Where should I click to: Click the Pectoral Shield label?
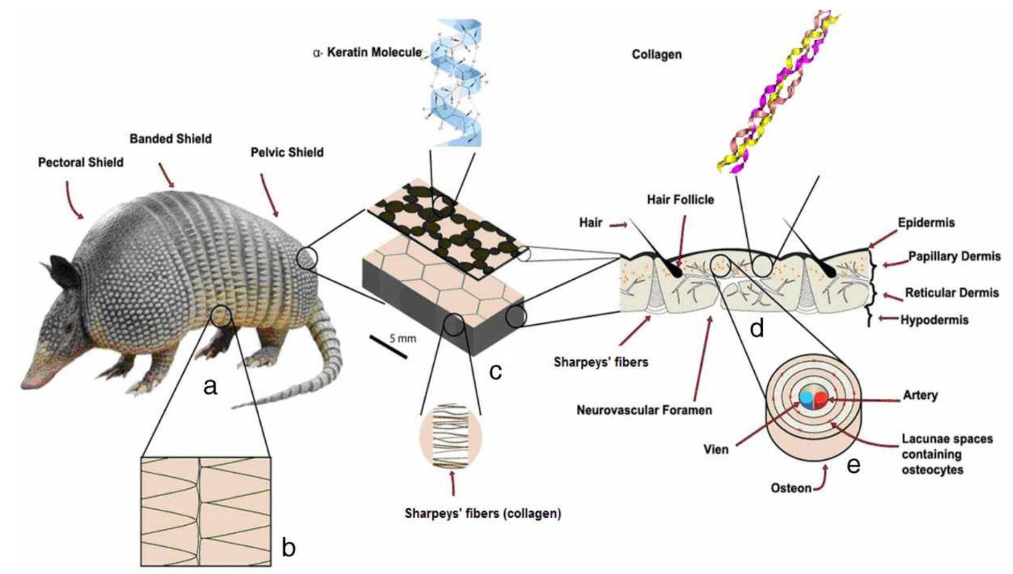pos(80,162)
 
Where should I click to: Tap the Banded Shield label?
pos(170,139)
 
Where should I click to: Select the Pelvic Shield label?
pos(287,153)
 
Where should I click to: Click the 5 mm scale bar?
pos(388,347)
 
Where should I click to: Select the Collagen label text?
pos(656,55)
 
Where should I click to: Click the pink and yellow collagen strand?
pos(777,91)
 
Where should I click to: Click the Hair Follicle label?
pos(680,200)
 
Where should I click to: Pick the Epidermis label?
pos(926,222)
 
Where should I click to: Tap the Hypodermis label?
pos(934,320)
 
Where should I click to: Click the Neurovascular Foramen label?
pos(644,411)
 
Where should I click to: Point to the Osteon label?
pos(791,488)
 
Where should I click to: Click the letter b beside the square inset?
pos(288,548)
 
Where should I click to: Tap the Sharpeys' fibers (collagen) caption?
pos(483,513)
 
